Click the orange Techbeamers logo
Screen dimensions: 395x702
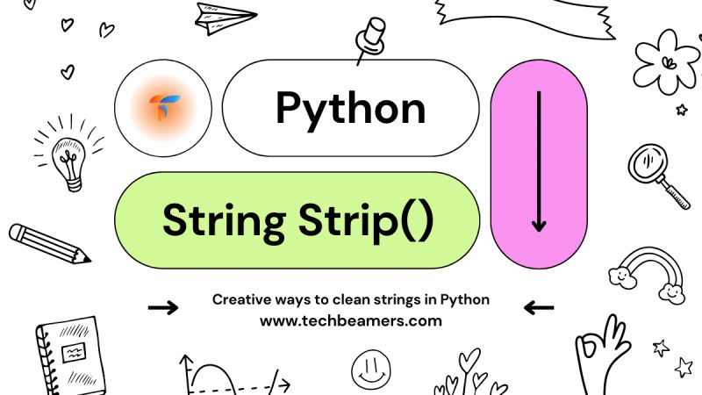tap(163, 108)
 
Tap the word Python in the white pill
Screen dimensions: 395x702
tap(351, 108)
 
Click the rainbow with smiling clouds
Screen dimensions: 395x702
tap(649, 272)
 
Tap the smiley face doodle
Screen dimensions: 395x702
tap(369, 370)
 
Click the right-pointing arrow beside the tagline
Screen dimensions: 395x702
tap(163, 307)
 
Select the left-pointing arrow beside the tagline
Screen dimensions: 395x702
tap(538, 307)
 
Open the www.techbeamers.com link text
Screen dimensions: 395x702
tap(350, 321)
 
